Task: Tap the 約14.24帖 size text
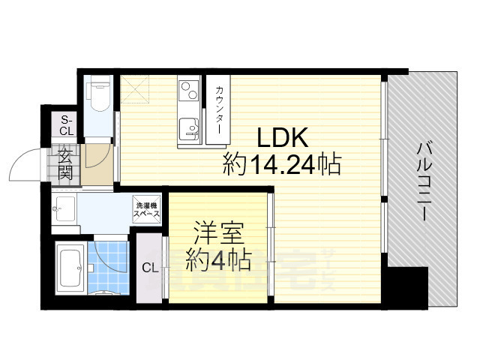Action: click(281, 163)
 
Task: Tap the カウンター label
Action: click(219, 111)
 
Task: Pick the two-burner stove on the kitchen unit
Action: click(187, 94)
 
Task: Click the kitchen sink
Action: click(188, 133)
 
